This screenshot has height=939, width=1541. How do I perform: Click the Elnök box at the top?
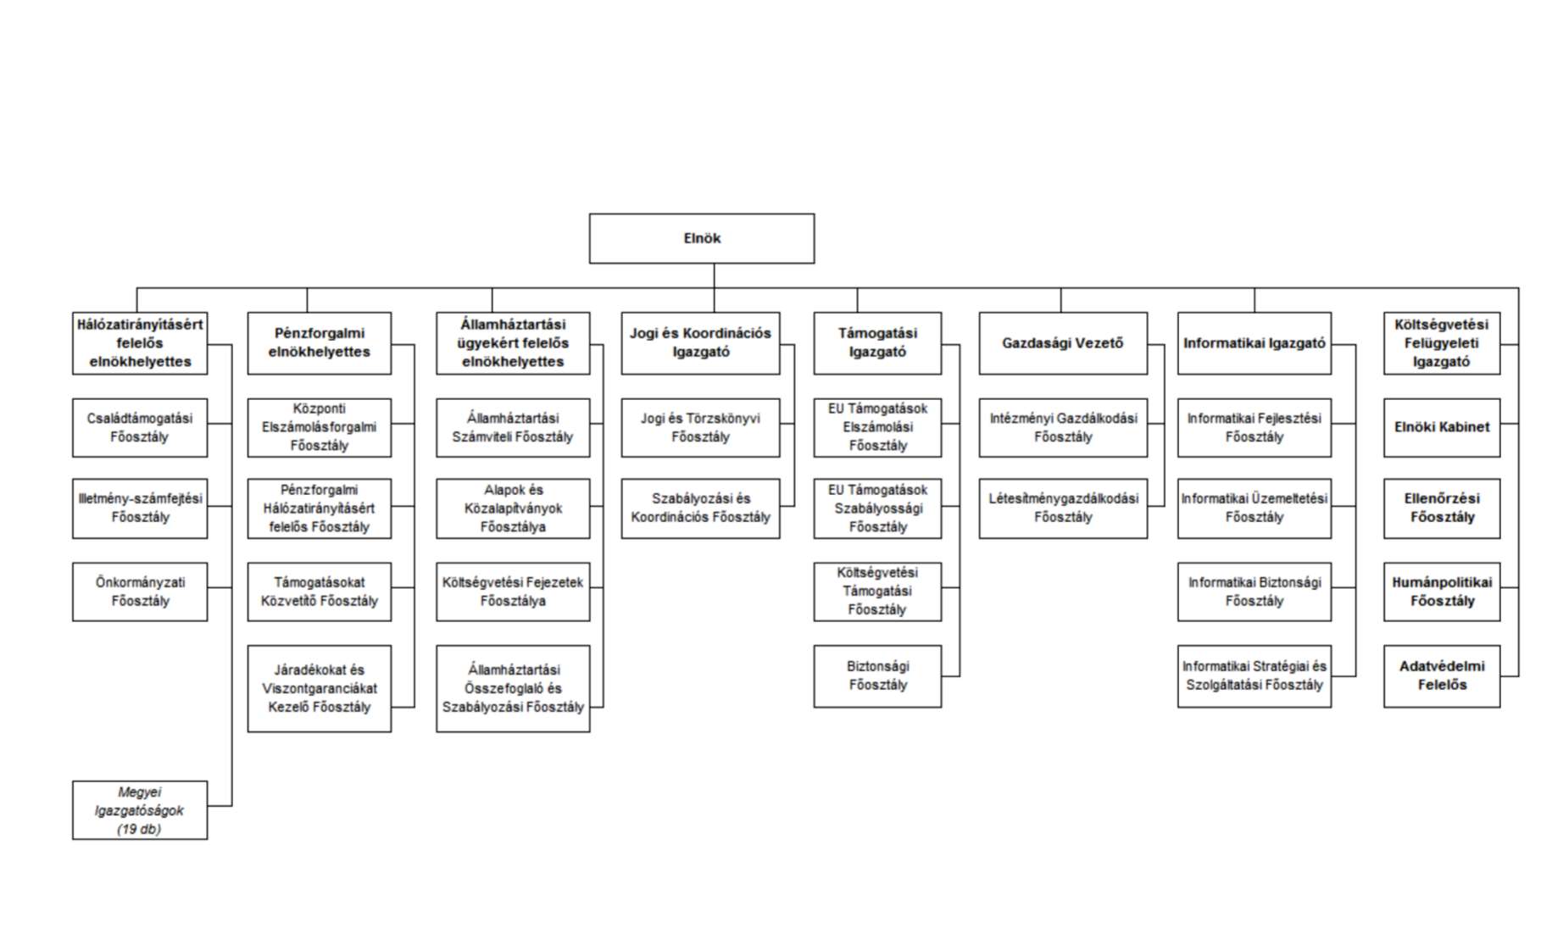[x=702, y=238]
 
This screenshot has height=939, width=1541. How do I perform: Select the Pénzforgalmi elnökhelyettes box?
[x=320, y=343]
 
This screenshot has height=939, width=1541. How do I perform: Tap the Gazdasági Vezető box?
[x=1063, y=343]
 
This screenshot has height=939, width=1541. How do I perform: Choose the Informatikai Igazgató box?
[x=1254, y=343]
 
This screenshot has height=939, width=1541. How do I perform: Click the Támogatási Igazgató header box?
[x=877, y=343]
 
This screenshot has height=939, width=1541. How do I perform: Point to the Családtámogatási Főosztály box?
[x=140, y=428]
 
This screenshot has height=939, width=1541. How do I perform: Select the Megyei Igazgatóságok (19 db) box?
[x=140, y=810]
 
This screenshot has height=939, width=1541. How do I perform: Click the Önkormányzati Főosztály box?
[x=140, y=592]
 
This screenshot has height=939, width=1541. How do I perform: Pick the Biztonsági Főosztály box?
[x=877, y=676]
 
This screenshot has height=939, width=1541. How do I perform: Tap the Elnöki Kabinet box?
[x=1442, y=428]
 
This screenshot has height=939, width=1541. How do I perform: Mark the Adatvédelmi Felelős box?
[x=1442, y=676]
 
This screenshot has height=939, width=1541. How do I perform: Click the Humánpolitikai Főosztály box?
[x=1442, y=592]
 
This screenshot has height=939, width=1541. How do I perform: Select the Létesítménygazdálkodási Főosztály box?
[x=1063, y=508]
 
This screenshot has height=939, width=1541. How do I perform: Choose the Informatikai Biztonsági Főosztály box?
[x=1254, y=592]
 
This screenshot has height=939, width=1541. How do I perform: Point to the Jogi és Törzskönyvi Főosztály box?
[x=700, y=428]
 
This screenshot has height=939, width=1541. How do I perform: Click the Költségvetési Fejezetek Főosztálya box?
[x=513, y=592]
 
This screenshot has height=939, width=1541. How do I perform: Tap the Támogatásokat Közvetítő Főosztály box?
[x=320, y=592]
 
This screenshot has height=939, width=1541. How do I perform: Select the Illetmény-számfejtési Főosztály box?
[x=140, y=508]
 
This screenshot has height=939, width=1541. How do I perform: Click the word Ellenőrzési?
[x=1442, y=498]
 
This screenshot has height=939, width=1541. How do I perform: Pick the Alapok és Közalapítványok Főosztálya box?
[x=513, y=508]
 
